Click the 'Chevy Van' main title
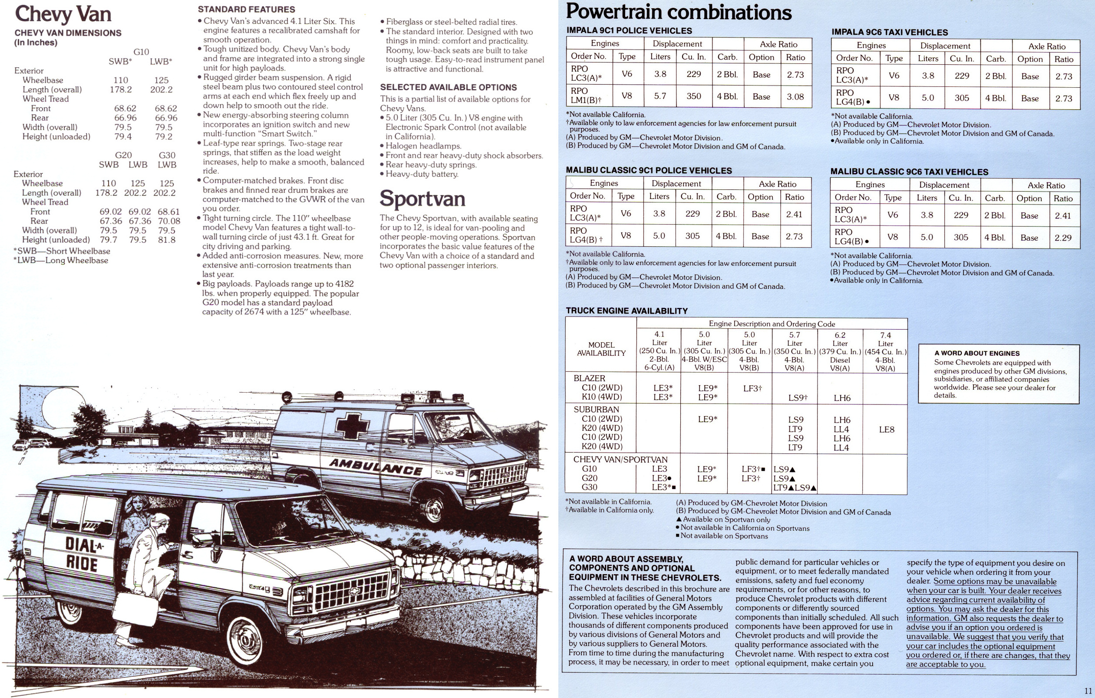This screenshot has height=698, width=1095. click(63, 13)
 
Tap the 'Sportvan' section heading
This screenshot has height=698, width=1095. click(422, 199)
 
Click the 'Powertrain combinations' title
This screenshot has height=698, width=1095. click(679, 12)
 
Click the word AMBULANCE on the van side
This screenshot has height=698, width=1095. click(376, 467)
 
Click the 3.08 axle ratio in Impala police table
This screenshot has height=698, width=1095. click(795, 96)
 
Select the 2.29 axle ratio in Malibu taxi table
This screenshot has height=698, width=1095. click(1063, 238)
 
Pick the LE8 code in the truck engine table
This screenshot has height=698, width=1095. click(886, 430)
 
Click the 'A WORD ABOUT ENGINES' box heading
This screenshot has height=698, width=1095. click(977, 353)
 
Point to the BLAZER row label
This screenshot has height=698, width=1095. click(589, 378)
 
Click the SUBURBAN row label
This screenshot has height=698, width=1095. click(596, 410)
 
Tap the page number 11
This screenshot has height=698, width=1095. click(1087, 691)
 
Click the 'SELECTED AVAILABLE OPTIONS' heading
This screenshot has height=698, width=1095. click(449, 87)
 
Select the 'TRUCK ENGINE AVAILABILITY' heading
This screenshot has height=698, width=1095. click(627, 311)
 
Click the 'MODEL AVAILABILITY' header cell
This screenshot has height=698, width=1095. click(601, 349)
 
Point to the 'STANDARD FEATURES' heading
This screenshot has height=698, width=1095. click(247, 9)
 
